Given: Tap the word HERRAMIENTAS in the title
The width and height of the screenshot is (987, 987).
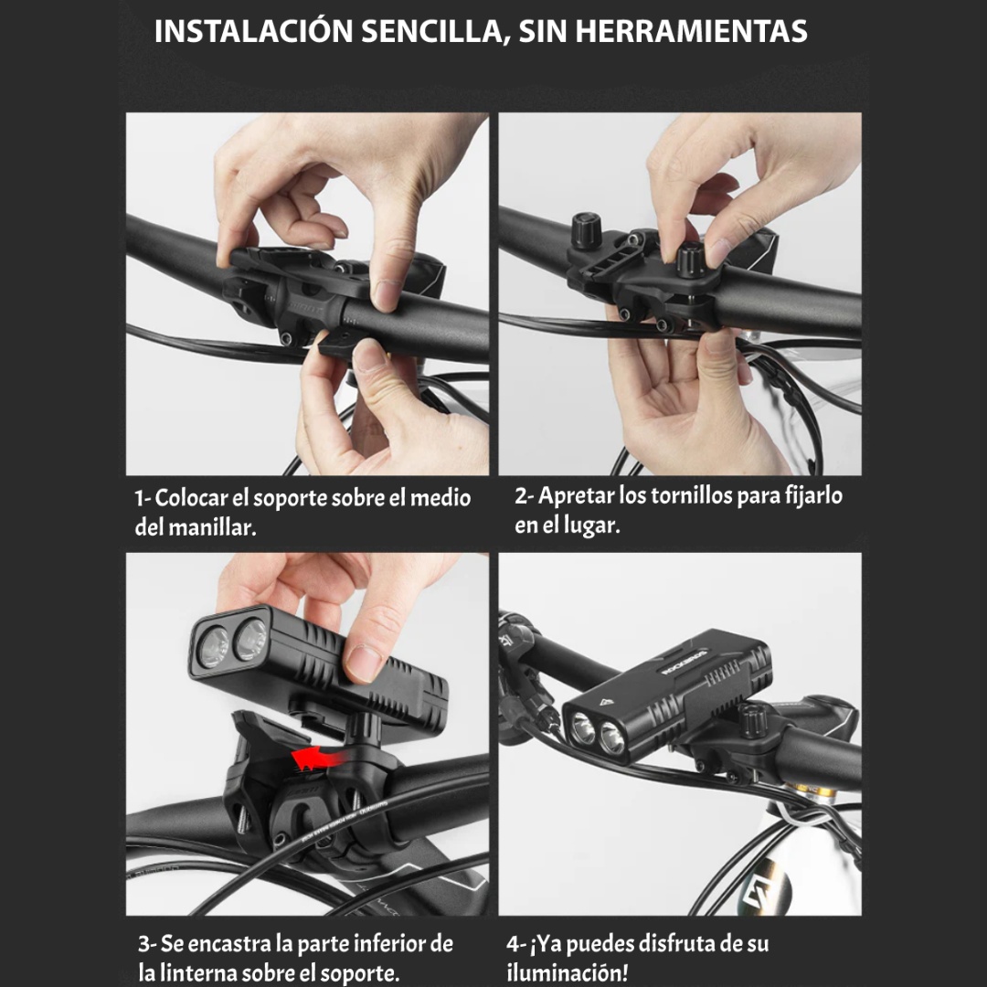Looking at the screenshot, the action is click(x=691, y=31).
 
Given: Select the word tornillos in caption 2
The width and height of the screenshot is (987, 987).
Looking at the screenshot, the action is click(x=692, y=496).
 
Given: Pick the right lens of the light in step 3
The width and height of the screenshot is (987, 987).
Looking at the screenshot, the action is click(x=249, y=640).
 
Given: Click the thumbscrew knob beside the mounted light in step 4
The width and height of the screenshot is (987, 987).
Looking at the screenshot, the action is click(x=751, y=721).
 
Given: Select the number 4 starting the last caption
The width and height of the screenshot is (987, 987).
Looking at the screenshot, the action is click(x=513, y=943).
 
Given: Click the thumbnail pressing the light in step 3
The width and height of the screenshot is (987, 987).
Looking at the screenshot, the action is click(x=363, y=663).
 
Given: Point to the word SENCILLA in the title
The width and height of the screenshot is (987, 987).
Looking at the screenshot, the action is click(x=435, y=31).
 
